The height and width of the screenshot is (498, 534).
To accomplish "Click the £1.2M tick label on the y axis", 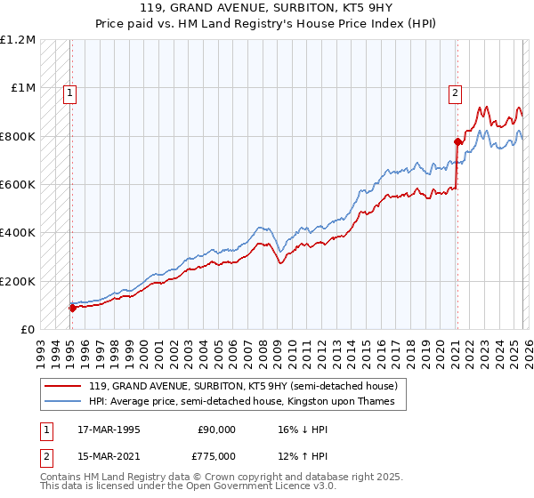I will click(x=18, y=39).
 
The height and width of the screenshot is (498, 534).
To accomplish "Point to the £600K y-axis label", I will click(x=18, y=184).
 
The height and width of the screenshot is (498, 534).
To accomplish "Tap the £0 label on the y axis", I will click(x=28, y=329).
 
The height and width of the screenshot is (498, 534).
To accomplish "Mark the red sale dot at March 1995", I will click(x=73, y=308).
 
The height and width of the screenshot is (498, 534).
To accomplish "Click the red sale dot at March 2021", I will click(x=457, y=141).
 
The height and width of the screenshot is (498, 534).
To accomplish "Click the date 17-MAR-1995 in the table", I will click(x=109, y=429).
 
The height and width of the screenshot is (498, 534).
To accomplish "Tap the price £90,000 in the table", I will click(x=216, y=429).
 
